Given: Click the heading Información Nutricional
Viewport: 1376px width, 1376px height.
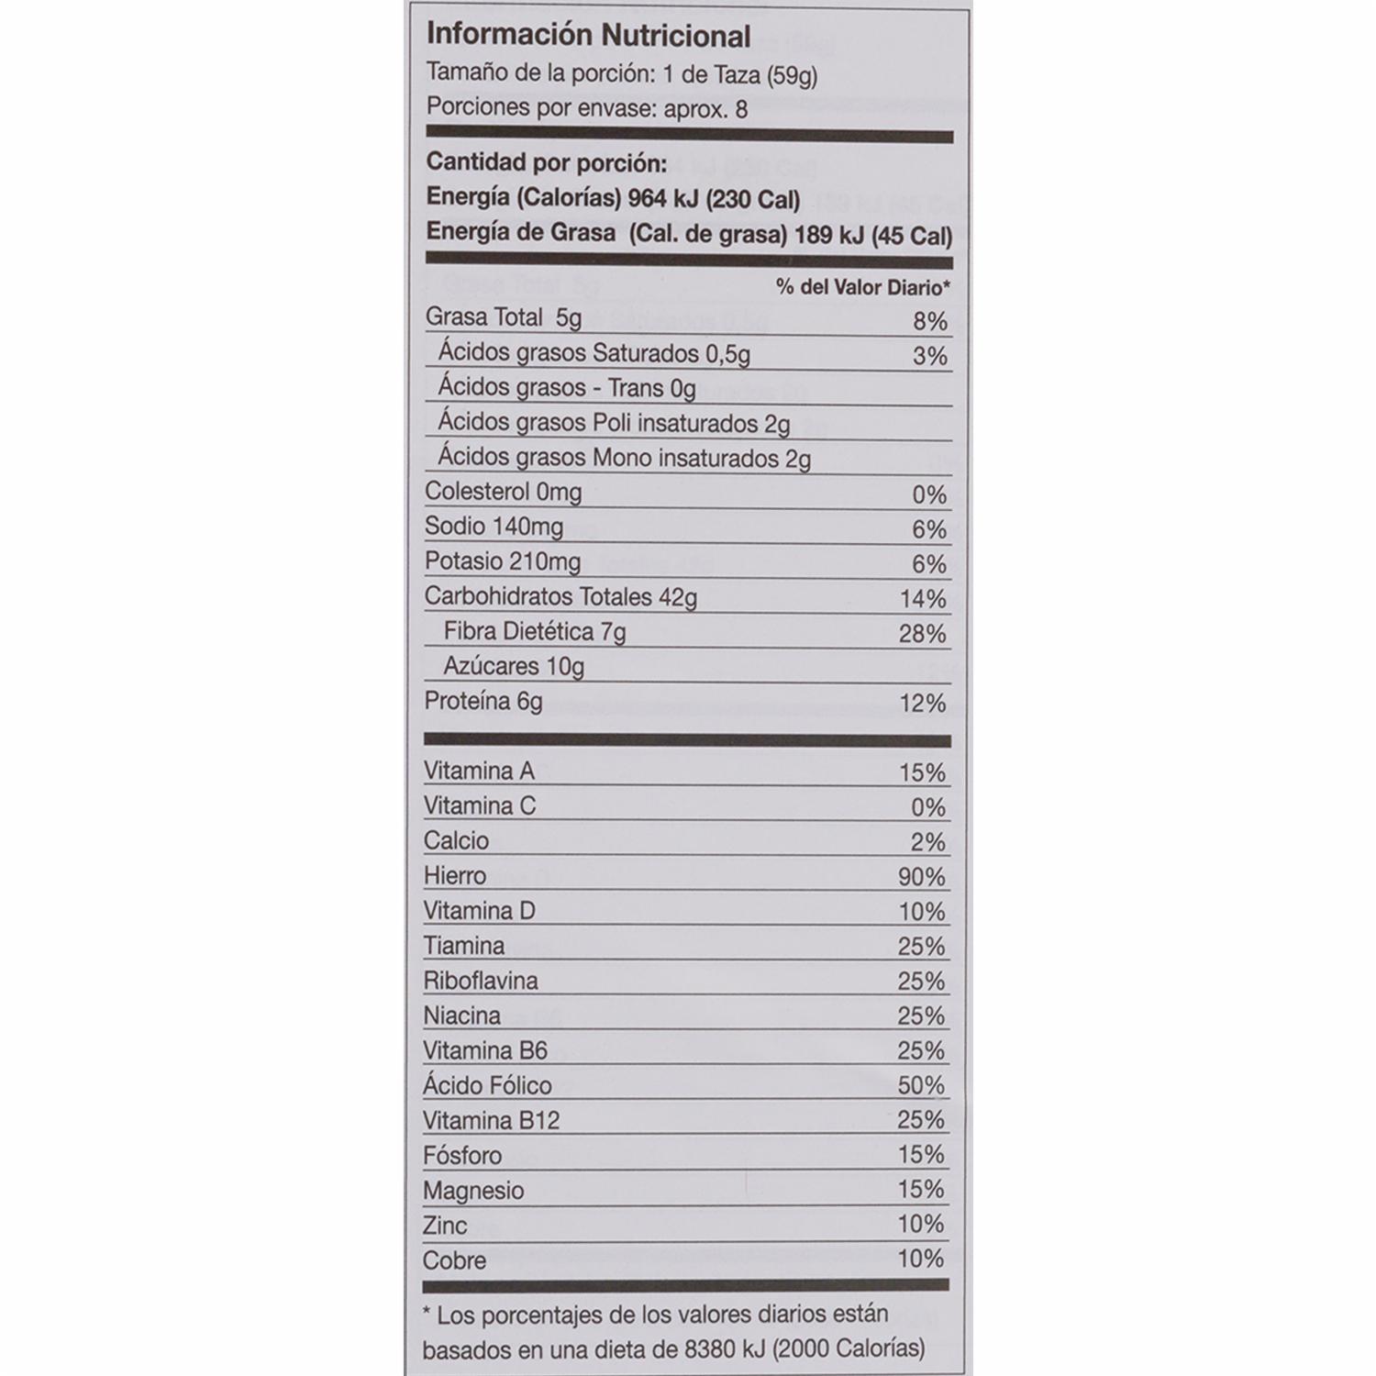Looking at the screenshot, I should click(x=588, y=36).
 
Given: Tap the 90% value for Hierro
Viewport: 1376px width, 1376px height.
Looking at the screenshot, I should click(x=921, y=877).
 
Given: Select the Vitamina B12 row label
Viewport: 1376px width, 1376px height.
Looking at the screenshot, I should click(x=491, y=1120).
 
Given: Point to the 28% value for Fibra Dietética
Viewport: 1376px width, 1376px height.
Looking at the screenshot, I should click(x=922, y=634).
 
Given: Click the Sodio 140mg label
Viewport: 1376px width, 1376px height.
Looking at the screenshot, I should click(x=494, y=527).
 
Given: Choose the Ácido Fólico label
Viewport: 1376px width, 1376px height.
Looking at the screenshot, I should click(x=487, y=1085).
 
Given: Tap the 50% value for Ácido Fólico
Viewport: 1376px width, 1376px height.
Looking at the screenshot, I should click(x=921, y=1086).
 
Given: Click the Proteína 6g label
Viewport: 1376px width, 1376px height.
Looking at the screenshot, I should click(x=483, y=702).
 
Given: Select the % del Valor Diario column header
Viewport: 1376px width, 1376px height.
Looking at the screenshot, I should click(x=862, y=288).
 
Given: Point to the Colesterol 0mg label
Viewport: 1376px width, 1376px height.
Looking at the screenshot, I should click(x=503, y=492).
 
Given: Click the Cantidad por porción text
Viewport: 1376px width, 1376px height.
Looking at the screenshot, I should click(x=546, y=164).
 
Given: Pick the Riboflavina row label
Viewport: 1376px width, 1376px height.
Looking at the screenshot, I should click(x=481, y=981).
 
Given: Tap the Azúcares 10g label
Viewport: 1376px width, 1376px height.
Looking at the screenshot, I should click(x=514, y=666).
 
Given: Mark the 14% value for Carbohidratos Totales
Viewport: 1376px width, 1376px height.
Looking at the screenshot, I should click(x=922, y=599).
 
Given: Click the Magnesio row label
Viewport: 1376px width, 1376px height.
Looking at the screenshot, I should click(x=473, y=1191).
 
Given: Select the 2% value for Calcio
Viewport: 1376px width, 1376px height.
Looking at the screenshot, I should click(x=928, y=842).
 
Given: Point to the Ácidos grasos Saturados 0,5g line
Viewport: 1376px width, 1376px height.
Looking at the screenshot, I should click(x=594, y=353).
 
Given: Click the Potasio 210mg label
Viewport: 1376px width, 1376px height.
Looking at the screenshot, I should click(x=502, y=560).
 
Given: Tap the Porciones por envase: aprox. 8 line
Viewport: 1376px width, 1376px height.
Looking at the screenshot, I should click(x=587, y=108).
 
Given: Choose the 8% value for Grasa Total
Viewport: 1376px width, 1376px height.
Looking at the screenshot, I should click(x=929, y=321).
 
